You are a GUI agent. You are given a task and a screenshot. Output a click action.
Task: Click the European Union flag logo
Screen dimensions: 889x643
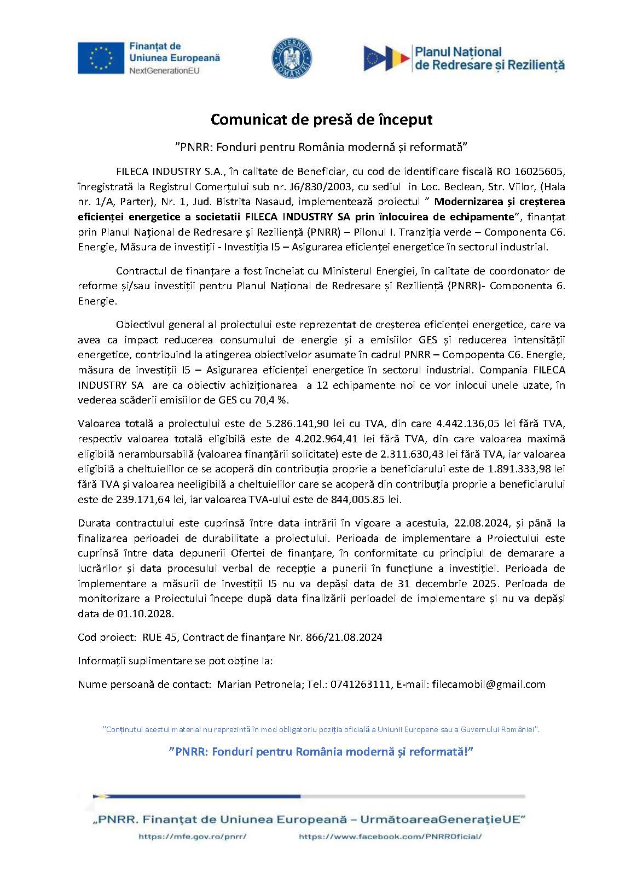click(x=101, y=57)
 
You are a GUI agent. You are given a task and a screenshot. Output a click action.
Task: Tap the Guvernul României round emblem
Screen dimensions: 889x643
click(x=292, y=57)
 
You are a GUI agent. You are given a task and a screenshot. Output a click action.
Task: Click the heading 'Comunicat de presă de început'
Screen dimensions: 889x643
click(x=322, y=119)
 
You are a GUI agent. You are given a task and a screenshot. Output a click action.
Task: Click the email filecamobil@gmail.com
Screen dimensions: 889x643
click(x=488, y=684)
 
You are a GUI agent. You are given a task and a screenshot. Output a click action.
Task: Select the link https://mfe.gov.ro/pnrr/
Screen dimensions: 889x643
click(x=193, y=837)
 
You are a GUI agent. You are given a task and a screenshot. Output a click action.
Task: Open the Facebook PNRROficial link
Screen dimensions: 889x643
click(x=390, y=837)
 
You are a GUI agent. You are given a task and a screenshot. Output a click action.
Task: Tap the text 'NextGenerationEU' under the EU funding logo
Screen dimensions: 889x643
click(x=164, y=71)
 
